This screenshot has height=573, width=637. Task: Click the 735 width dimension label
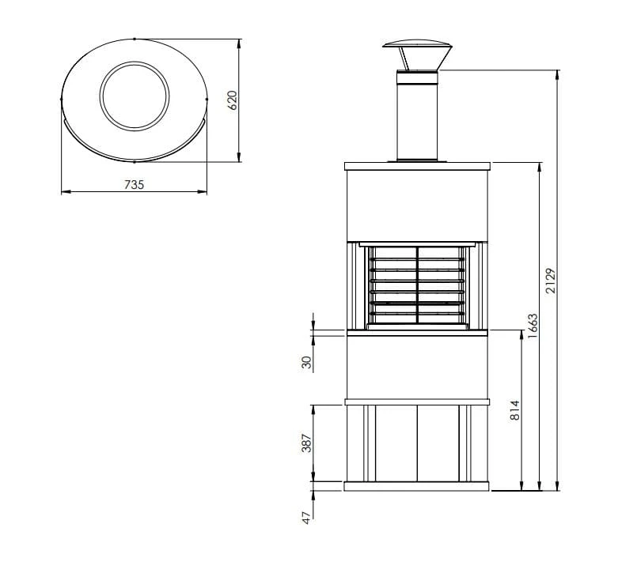click(x=134, y=184)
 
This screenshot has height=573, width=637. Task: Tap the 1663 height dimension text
click(x=533, y=326)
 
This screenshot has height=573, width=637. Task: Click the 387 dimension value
click(x=307, y=443)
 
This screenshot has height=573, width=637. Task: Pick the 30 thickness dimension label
click(x=307, y=362)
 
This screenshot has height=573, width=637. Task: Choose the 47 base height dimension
click(x=307, y=517)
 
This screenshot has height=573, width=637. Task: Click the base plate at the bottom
click(x=417, y=486)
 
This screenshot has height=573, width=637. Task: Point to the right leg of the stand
click(x=470, y=443)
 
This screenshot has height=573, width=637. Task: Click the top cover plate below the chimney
click(x=417, y=165)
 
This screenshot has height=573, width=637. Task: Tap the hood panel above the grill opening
click(x=417, y=202)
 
